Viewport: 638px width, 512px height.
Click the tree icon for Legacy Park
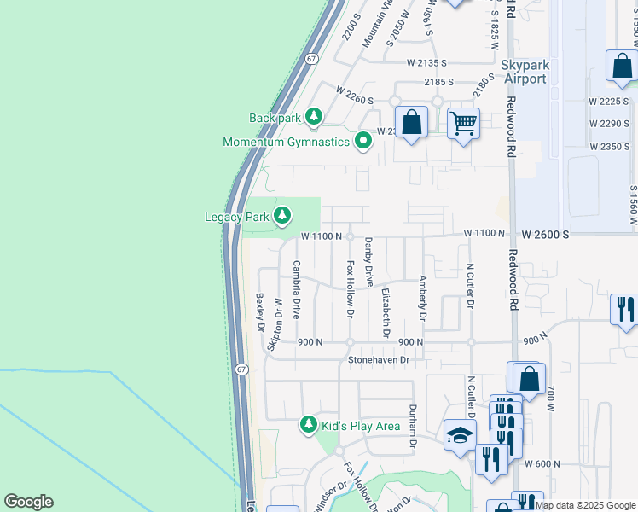click(282, 218)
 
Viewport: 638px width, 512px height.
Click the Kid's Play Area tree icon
click(309, 425)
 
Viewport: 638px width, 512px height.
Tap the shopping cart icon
click(463, 124)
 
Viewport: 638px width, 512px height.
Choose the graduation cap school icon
click(461, 434)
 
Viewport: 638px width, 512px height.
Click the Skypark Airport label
click(524, 72)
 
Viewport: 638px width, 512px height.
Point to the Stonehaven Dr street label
click(379, 360)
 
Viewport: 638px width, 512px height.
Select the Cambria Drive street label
click(297, 290)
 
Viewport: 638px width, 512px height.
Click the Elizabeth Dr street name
click(386, 314)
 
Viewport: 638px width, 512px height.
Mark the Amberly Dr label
click(422, 298)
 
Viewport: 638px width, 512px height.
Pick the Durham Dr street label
click(412, 427)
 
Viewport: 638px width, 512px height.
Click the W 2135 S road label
click(427, 63)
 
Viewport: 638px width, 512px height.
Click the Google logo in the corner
click(28, 502)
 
